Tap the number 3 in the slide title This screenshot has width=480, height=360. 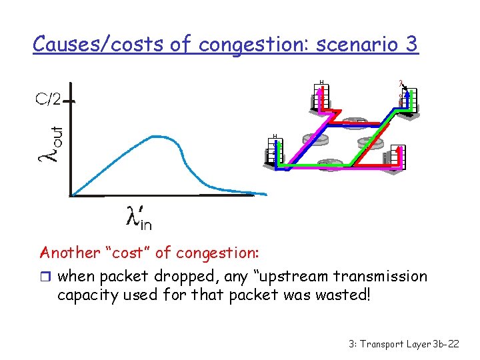pos(410,44)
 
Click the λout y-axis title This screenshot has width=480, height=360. pos(51,143)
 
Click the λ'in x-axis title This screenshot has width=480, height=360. pos(139,217)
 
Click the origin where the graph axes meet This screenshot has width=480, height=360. pos(71,195)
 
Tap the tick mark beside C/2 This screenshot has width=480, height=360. pos(69,101)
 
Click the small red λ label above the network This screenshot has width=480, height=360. pos(401,84)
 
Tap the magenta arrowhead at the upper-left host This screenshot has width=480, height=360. pos(320,93)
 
